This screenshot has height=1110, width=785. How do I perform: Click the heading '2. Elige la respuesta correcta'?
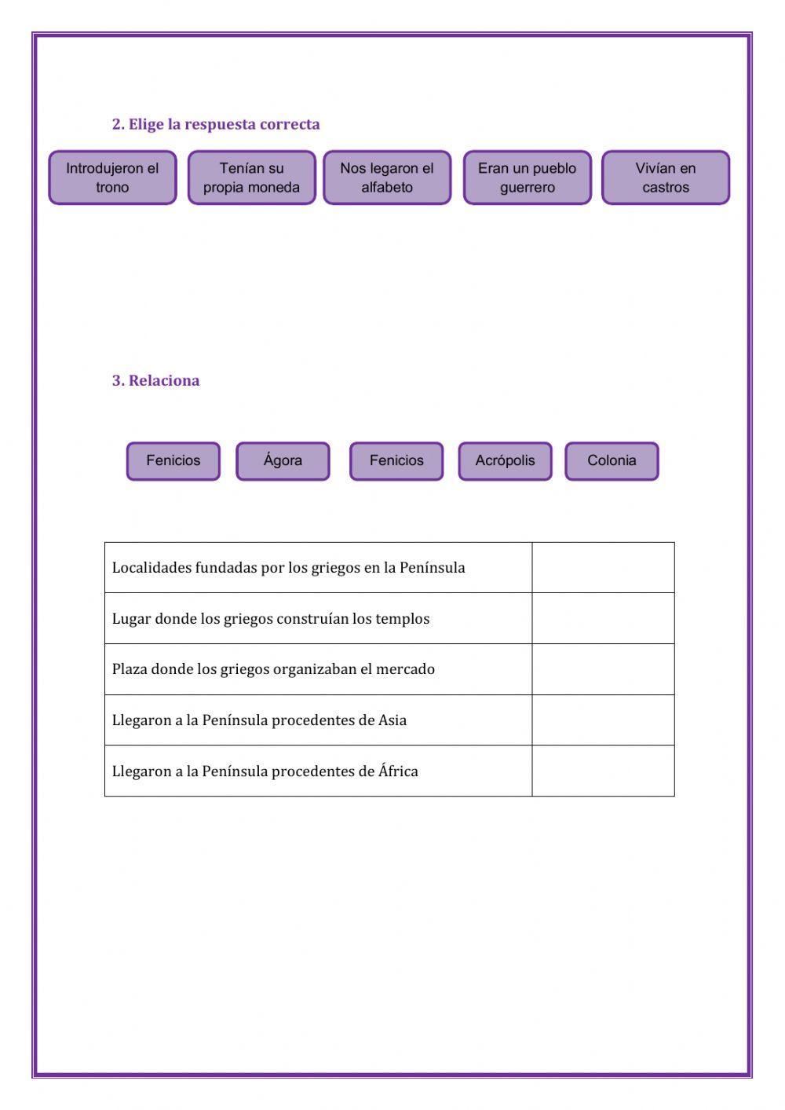(216, 124)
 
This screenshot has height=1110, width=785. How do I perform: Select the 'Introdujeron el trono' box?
(112, 178)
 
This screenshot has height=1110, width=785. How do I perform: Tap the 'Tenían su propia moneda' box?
(251, 178)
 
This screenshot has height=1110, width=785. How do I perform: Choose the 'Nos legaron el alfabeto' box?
(387, 178)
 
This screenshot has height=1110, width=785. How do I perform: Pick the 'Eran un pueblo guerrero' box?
(527, 178)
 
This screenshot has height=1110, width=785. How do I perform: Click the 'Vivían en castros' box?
(666, 178)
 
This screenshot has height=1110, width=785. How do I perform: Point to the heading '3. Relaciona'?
(155, 380)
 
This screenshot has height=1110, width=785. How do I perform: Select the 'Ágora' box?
(283, 460)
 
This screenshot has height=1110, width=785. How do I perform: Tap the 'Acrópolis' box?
(505, 460)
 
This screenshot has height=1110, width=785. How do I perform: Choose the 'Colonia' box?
(612, 460)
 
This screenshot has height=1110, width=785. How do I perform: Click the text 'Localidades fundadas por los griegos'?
(288, 567)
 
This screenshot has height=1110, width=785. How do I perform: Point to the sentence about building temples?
(271, 618)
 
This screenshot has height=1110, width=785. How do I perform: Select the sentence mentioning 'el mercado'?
(273, 669)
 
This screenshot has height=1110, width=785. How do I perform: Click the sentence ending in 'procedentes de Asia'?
(259, 720)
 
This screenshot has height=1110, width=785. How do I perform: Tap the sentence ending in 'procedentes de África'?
(265, 771)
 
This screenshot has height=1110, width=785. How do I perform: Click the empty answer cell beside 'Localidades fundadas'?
(603, 567)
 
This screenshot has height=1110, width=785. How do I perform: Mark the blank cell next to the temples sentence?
(603, 618)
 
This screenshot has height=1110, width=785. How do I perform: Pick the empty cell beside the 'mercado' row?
(603, 669)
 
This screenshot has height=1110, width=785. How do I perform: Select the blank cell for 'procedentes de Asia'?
(603, 720)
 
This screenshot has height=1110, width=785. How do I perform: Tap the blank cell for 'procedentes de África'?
(603, 771)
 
